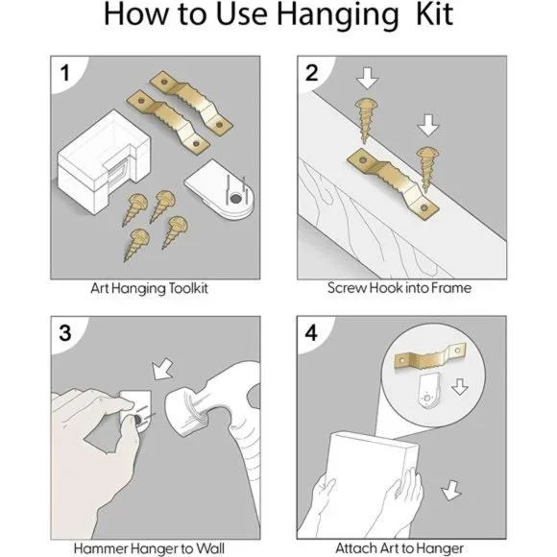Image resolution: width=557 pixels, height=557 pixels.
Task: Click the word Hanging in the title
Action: click(x=337, y=15)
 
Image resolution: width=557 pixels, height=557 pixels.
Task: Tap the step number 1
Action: click(x=64, y=73)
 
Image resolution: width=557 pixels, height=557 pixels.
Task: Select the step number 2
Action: click(x=311, y=73)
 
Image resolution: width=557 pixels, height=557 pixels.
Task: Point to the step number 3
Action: click(x=65, y=333)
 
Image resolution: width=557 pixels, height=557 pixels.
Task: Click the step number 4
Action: click(x=311, y=333)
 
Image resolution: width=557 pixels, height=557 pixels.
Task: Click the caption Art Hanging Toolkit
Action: click(x=149, y=288)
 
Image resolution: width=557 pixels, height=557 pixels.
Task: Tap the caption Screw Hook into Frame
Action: click(x=400, y=288)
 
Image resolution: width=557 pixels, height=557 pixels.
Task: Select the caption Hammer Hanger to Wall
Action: click(x=149, y=548)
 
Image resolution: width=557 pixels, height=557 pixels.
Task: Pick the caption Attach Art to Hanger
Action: click(x=400, y=548)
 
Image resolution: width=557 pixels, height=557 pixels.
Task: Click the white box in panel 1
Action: click(x=103, y=161)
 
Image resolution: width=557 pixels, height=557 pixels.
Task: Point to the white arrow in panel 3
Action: click(x=162, y=370)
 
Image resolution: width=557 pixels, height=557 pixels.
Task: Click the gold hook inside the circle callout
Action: click(x=430, y=356)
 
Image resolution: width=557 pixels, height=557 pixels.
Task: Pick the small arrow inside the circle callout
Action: click(x=460, y=387)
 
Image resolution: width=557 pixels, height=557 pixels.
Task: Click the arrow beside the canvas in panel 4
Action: click(x=451, y=490)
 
